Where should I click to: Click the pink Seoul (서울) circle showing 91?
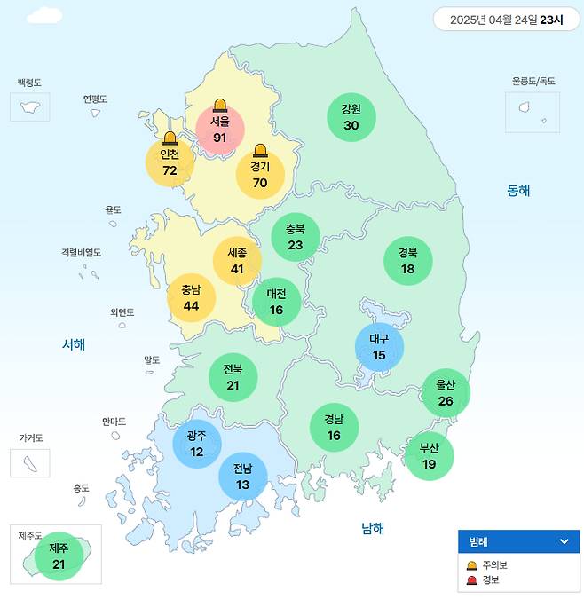point(219,130)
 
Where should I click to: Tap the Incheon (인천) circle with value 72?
point(170,162)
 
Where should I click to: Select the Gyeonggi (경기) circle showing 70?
point(260,174)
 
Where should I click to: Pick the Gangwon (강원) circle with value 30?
point(351,117)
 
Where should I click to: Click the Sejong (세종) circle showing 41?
point(237,260)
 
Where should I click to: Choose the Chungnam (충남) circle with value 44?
point(191,297)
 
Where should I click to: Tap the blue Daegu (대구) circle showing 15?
point(379,346)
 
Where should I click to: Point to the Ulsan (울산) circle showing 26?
point(445,393)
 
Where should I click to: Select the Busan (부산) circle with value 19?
point(429,455)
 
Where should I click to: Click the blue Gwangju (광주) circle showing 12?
point(196,444)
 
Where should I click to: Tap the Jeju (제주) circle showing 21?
point(59,556)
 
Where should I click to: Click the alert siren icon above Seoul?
point(219,106)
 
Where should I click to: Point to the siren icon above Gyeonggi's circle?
point(260,150)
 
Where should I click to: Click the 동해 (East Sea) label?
point(518,190)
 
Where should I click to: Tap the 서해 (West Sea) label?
point(74,344)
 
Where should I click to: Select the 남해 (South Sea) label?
point(373,529)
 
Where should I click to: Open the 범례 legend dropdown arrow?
point(564,541)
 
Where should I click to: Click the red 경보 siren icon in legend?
point(472,579)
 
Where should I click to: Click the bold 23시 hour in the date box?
point(551,20)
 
